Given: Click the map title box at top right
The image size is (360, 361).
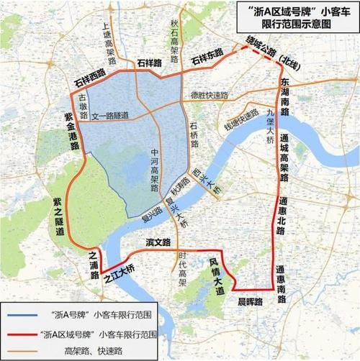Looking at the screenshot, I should click(294, 16).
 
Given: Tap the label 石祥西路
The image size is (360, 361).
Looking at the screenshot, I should click(91, 75).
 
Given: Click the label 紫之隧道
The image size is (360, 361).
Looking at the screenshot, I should click(60, 217).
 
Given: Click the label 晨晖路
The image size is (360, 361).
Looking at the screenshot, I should click(249, 302).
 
